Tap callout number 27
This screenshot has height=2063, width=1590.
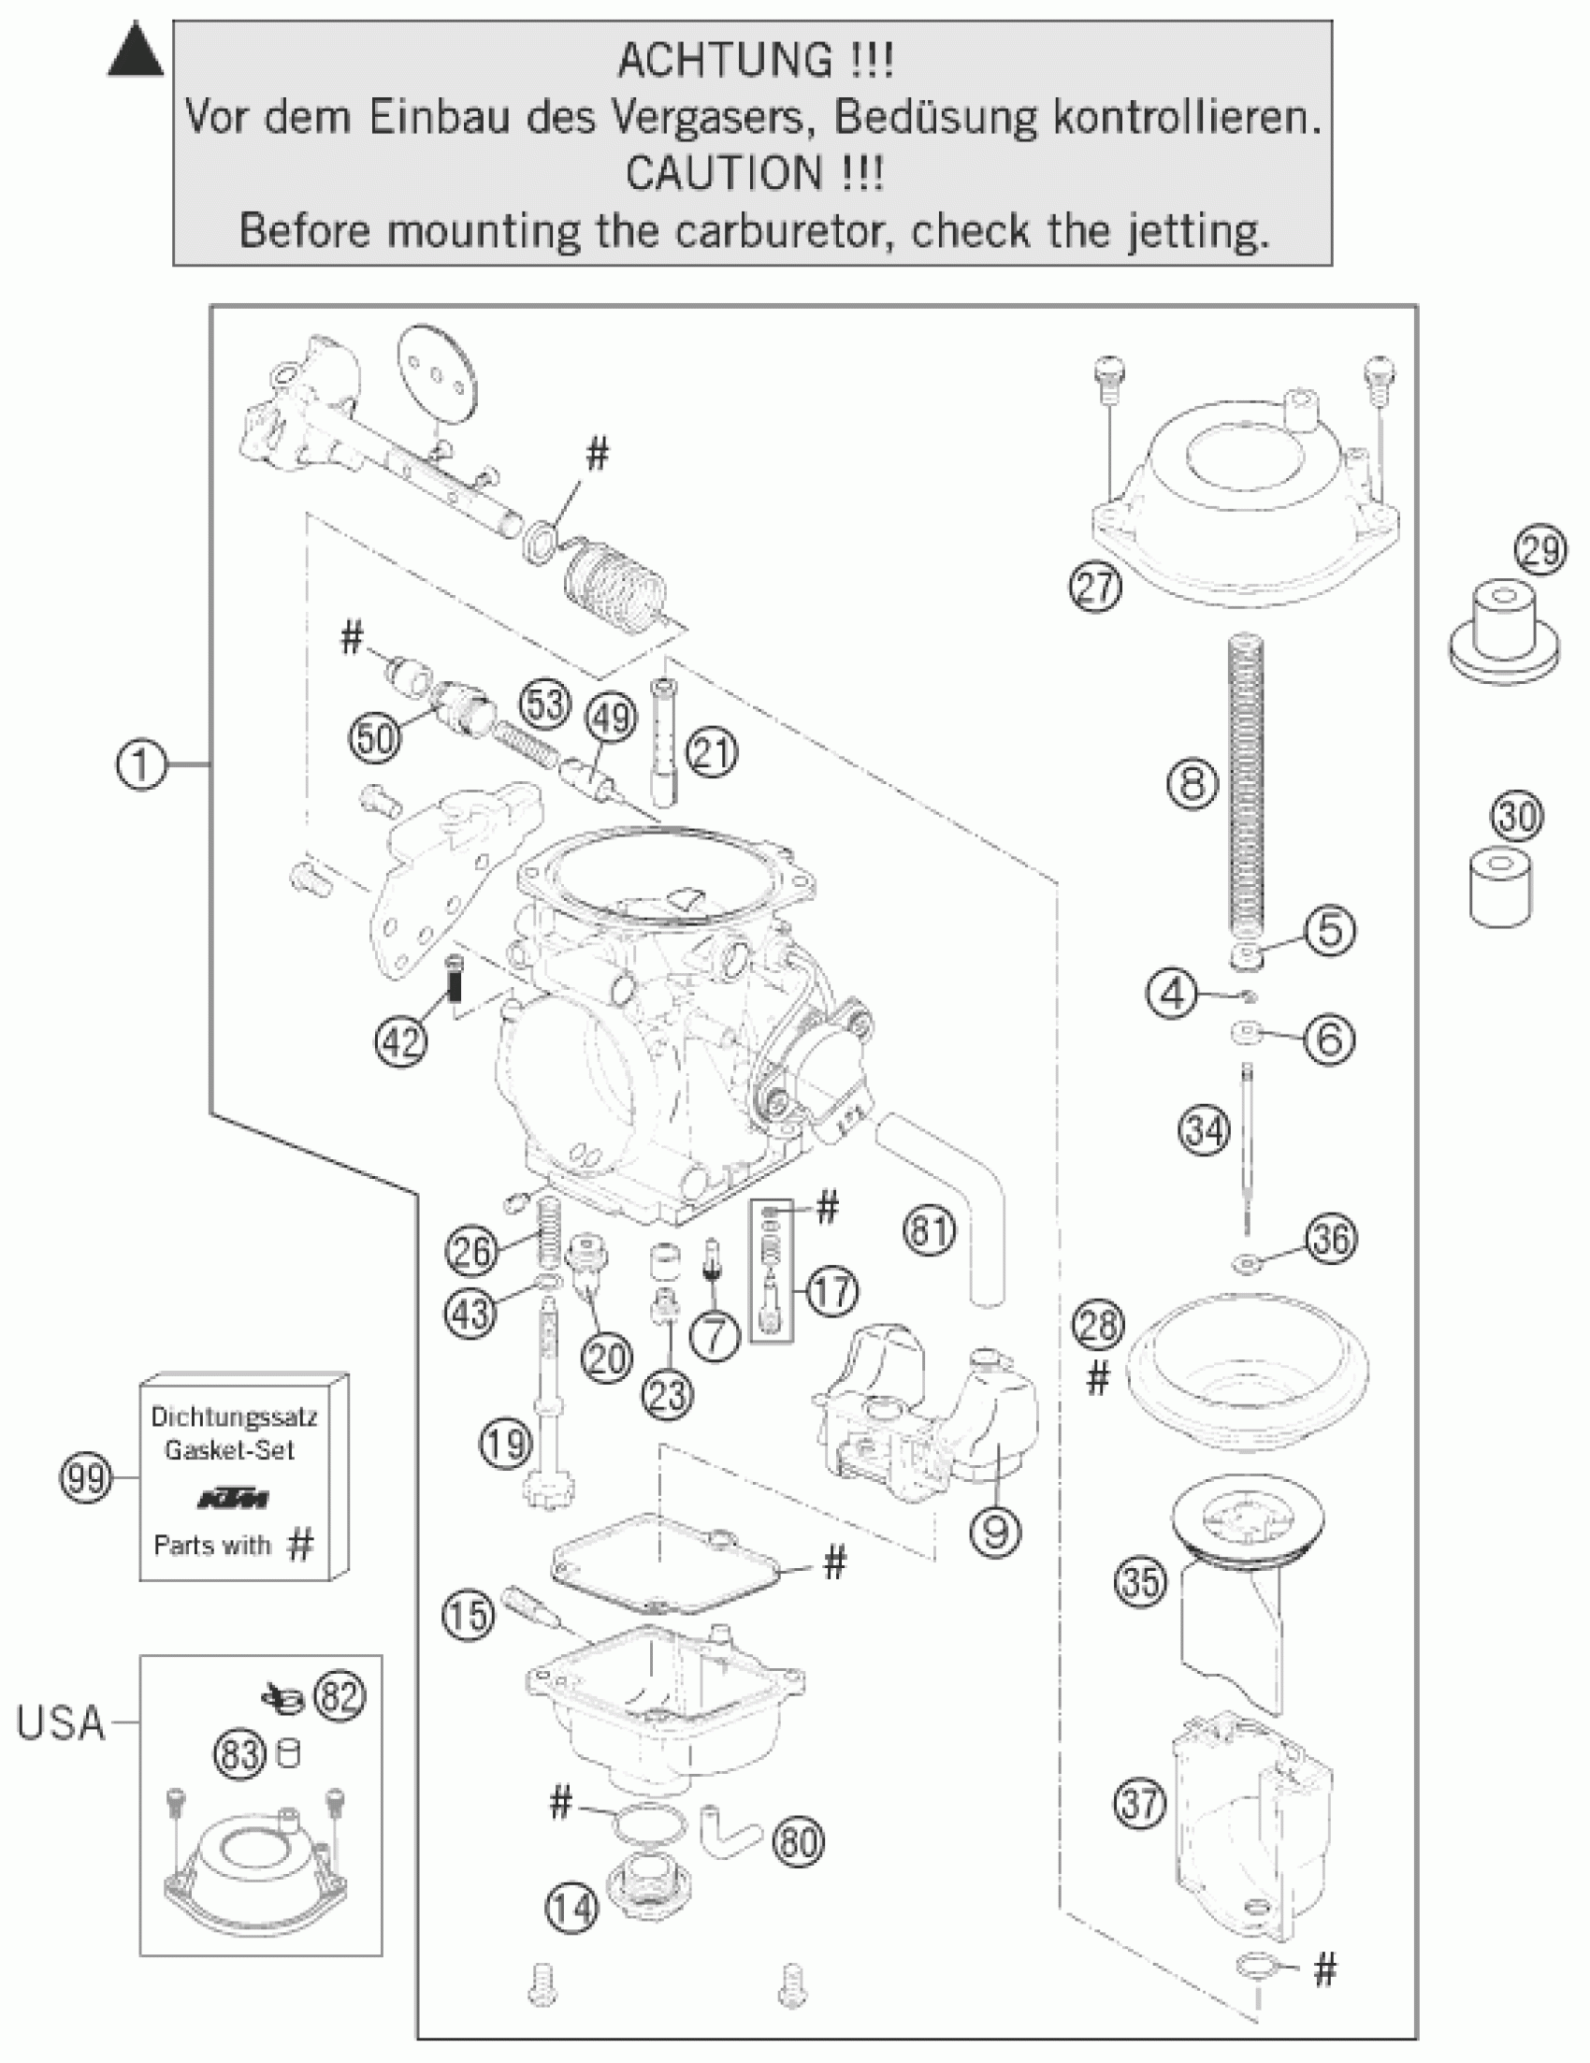(1095, 588)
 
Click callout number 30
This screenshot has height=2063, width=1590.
(1517, 816)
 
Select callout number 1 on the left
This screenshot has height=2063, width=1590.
(141, 763)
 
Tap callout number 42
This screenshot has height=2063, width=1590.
(401, 1041)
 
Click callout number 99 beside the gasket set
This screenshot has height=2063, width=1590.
(86, 1478)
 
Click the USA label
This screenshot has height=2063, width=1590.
(61, 1724)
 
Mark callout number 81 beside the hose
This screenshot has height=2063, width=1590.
(930, 1230)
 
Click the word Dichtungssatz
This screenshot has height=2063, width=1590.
(235, 1416)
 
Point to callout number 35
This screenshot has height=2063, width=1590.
(1139, 1580)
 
